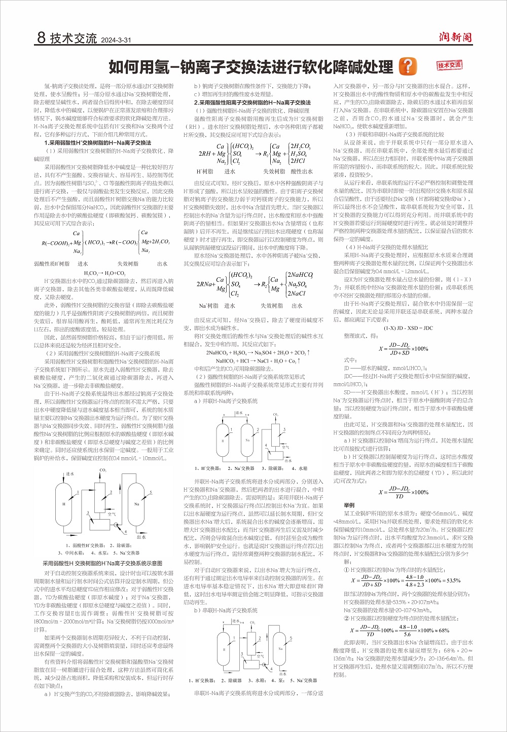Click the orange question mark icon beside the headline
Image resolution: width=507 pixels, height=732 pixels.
click(x=408, y=66)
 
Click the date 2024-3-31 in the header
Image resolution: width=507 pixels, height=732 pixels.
click(x=116, y=40)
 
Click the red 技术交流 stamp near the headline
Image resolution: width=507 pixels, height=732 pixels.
click(x=449, y=65)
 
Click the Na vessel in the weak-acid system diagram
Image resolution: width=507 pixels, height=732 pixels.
click(x=136, y=504)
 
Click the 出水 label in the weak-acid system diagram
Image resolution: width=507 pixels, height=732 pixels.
click(x=141, y=537)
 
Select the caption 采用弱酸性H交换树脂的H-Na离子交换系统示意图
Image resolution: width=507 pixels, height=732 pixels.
click(x=103, y=563)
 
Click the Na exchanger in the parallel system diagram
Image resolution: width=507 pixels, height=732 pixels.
click(x=247, y=440)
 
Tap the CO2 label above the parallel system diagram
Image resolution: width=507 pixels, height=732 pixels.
click(x=276, y=415)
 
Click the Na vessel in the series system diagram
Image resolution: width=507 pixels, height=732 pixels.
click(x=280, y=648)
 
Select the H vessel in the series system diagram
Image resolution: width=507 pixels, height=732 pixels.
click(x=224, y=649)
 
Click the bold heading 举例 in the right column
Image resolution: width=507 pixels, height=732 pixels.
click(x=349, y=505)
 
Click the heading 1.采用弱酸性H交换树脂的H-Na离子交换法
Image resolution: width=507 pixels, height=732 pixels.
click(x=98, y=143)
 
